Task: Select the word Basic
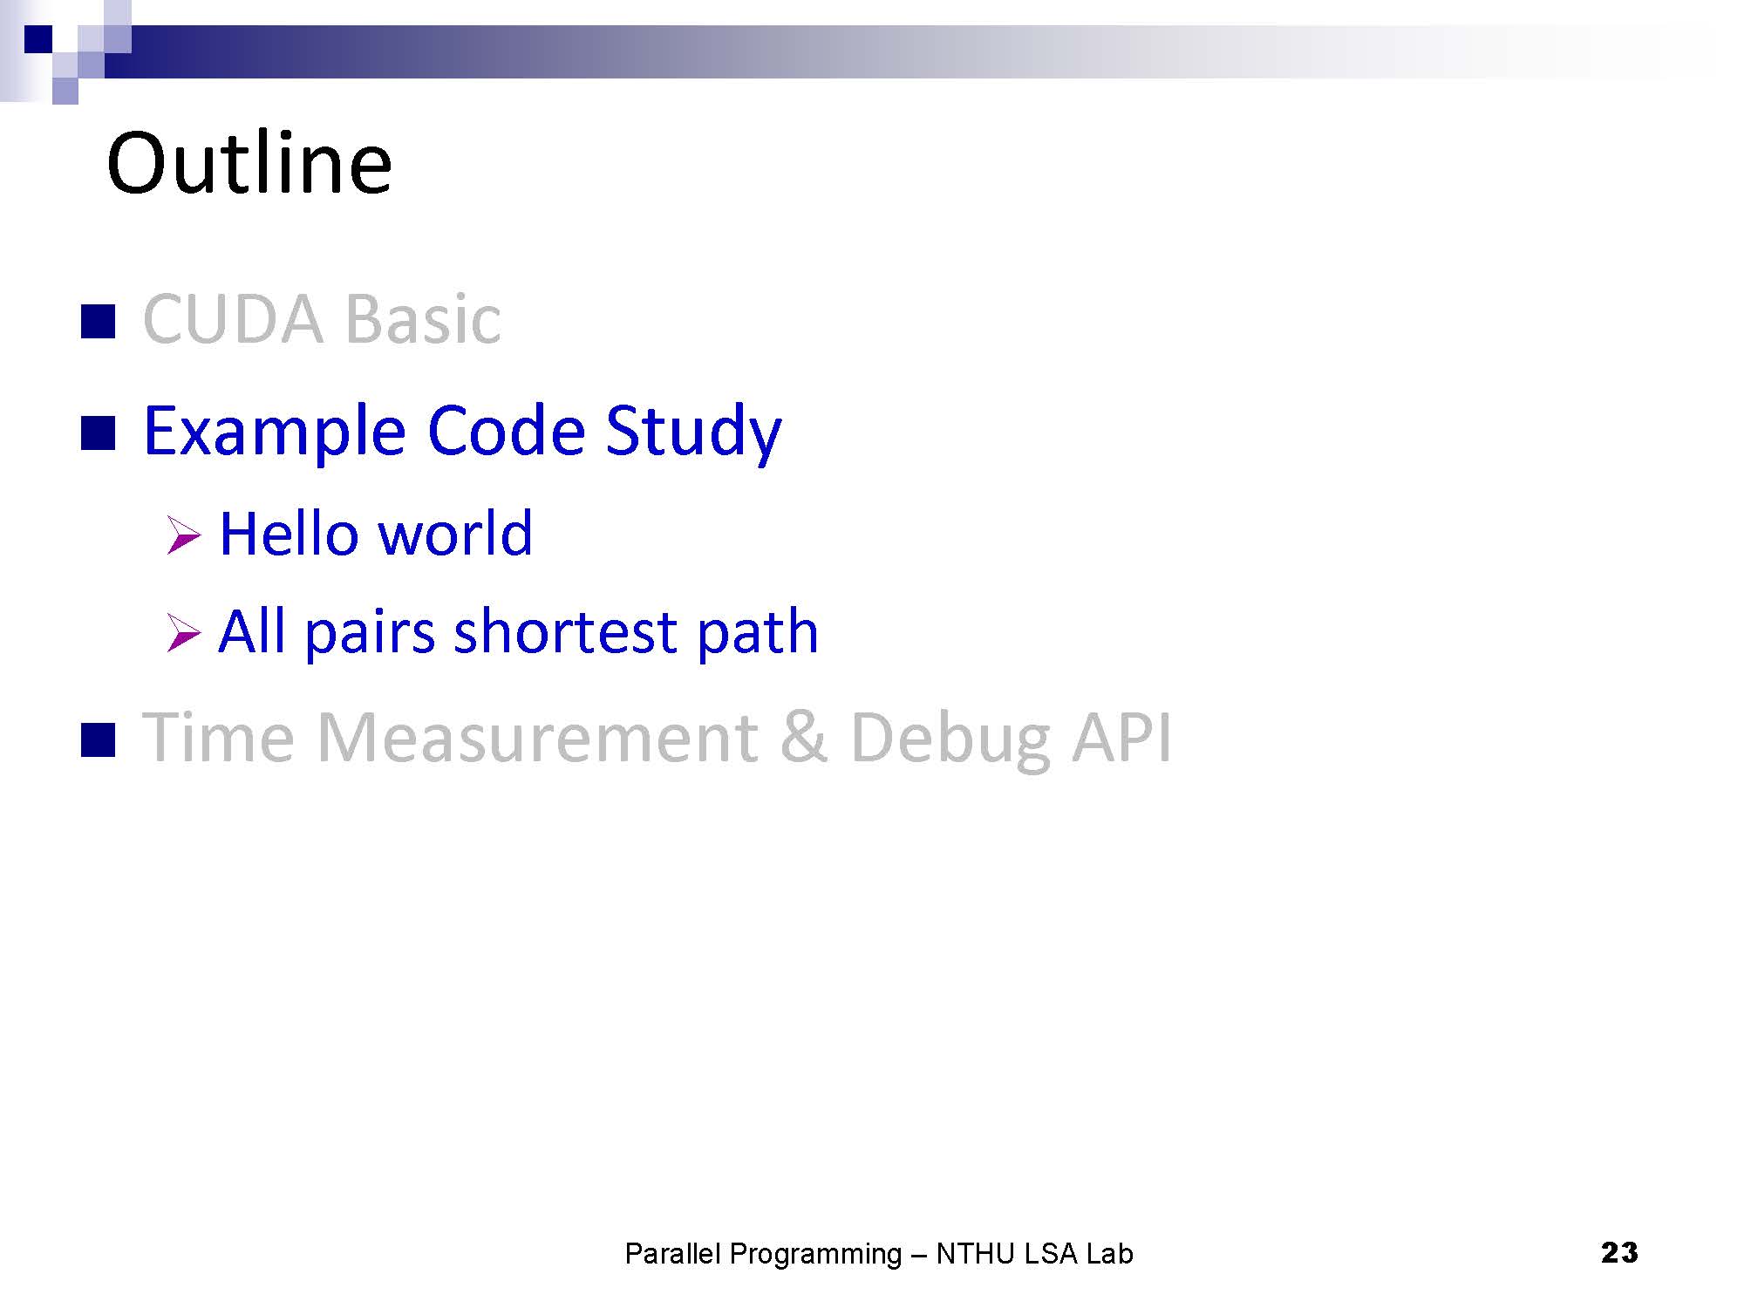[x=423, y=319]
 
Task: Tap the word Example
[x=275, y=432]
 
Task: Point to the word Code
[x=506, y=431]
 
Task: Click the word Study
[x=693, y=433]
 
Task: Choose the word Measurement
[x=537, y=739]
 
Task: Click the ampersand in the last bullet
[x=803, y=739]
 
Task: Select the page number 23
[x=1619, y=1252]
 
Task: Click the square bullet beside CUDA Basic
[x=98, y=321]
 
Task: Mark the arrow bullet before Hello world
[x=184, y=535]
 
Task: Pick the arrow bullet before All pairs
[x=184, y=634]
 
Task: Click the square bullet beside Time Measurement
[x=98, y=740]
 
